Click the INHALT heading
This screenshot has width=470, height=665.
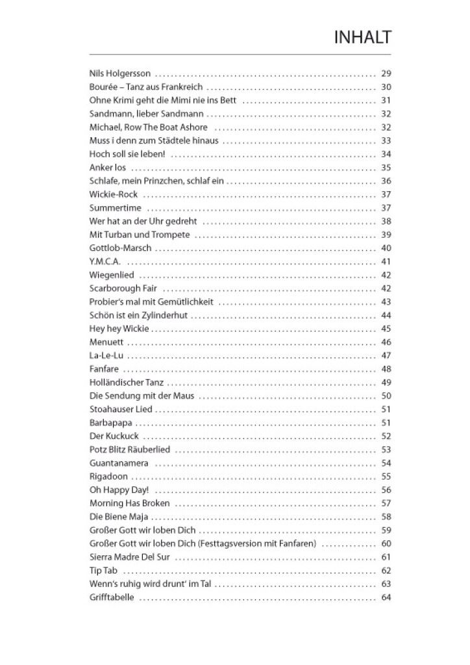(363, 37)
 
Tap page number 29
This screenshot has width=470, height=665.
(386, 73)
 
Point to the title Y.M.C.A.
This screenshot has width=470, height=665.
(105, 261)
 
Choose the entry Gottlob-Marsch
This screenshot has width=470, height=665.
(120, 248)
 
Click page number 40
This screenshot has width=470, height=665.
(386, 248)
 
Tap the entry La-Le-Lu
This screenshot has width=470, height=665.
(106, 356)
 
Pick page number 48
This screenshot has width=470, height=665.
(386, 369)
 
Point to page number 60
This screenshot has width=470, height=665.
(386, 543)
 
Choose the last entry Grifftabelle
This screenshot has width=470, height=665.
(112, 597)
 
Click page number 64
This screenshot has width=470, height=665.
(386, 597)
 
